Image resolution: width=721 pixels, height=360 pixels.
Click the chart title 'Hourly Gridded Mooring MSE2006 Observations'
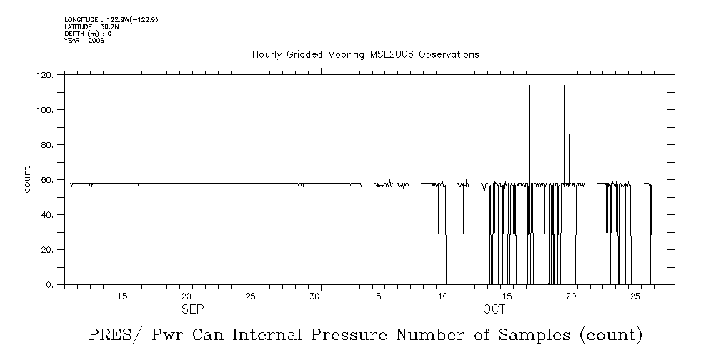(365, 55)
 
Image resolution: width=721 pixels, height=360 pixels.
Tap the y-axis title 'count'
(26, 179)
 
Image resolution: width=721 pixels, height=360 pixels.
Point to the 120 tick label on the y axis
(45, 75)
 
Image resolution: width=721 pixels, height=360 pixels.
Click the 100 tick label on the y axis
(45, 110)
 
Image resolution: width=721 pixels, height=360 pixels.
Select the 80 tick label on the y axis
(47, 145)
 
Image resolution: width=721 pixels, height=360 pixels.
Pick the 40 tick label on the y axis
(47, 215)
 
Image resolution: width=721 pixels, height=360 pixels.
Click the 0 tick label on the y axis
(50, 285)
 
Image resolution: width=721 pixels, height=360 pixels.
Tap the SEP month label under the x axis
(192, 309)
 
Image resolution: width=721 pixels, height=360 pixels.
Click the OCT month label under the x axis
(494, 309)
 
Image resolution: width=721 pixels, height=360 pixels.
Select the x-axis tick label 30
(314, 296)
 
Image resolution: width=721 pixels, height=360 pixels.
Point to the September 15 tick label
(122, 296)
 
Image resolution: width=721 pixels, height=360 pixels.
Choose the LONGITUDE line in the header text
(111, 20)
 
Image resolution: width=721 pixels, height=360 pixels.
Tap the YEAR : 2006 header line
(84, 40)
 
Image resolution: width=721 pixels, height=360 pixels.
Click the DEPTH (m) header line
(88, 34)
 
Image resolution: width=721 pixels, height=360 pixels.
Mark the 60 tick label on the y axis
(47, 180)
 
